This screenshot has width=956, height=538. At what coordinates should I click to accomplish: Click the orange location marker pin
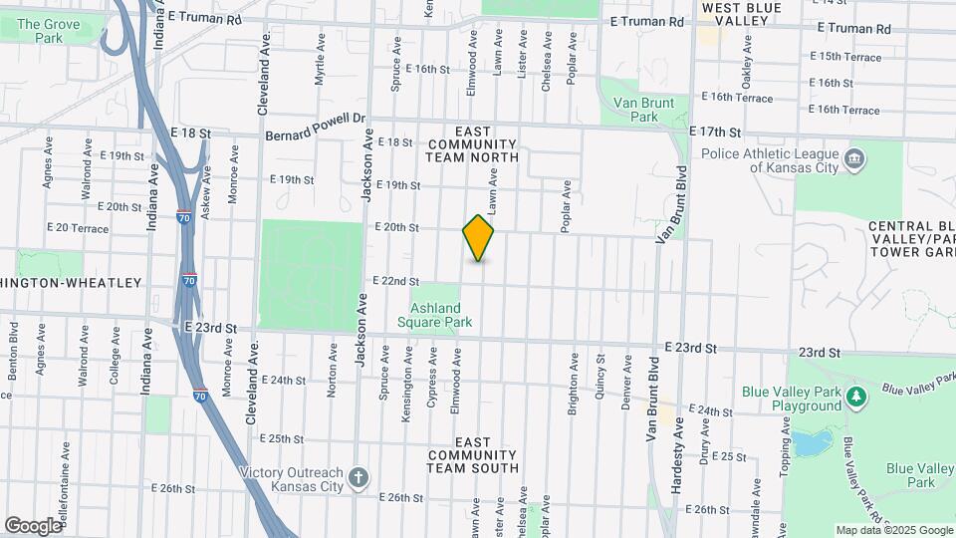click(478, 238)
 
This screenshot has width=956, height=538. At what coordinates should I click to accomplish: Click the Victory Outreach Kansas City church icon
click(358, 480)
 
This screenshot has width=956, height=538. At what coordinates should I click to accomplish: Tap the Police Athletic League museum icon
click(853, 159)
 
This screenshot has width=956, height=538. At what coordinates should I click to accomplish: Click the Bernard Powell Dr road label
click(316, 126)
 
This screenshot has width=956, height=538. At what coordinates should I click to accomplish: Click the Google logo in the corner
click(33, 525)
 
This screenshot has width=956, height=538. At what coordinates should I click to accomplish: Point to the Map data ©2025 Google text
click(892, 530)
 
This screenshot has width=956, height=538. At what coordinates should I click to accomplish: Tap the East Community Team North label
click(473, 144)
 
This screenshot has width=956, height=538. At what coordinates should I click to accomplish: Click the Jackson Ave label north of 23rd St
click(366, 171)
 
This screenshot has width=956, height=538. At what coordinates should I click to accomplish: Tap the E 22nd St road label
click(395, 281)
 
